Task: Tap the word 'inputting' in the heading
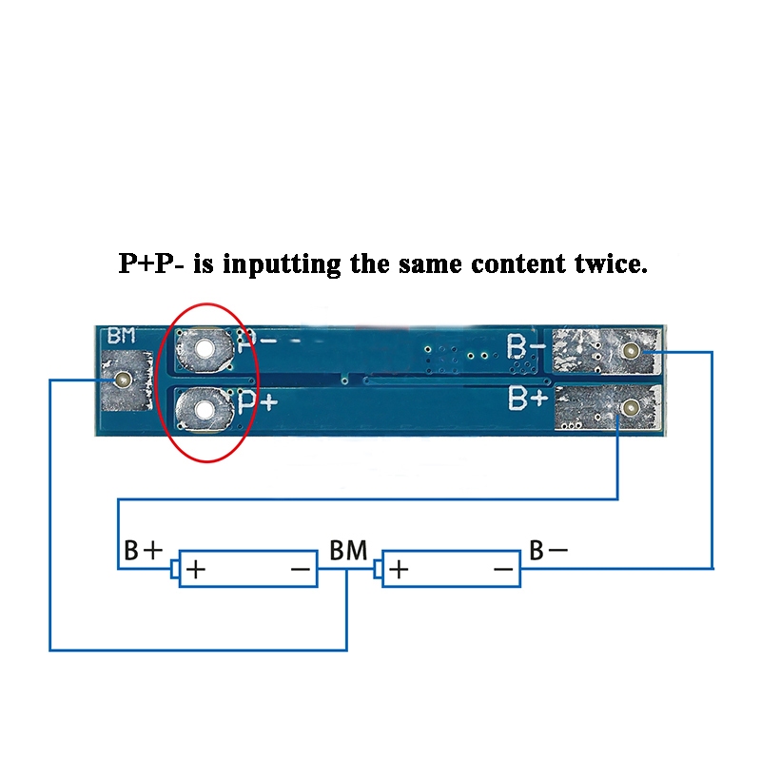[x=282, y=265]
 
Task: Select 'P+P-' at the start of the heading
[x=151, y=263]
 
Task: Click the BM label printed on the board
[x=122, y=336]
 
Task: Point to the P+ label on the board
[x=258, y=402]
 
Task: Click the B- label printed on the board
[x=526, y=346]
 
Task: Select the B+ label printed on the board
[x=528, y=398]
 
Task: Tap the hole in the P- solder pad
[x=205, y=347]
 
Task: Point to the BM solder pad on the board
[x=126, y=380]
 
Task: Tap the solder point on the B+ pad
[x=631, y=409]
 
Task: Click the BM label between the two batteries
[x=348, y=551]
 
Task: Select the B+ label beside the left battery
[x=144, y=551]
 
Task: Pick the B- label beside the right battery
[x=549, y=551]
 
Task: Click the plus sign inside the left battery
[x=196, y=569]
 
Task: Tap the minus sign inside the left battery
[x=301, y=569]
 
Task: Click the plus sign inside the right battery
[x=399, y=569]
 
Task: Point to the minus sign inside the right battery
[x=503, y=569]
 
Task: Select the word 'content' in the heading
[x=518, y=264]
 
